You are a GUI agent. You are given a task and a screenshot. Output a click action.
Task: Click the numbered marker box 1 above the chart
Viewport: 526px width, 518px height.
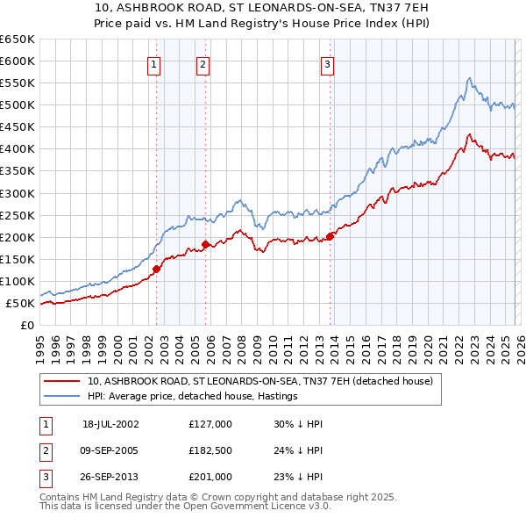tap(154, 63)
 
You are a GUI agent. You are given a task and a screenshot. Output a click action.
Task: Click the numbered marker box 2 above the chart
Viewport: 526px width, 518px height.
tap(203, 63)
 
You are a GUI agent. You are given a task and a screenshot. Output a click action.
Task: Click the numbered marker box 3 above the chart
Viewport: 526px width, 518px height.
tap(327, 63)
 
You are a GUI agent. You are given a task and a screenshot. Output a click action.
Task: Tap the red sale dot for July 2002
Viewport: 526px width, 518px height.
tap(156, 269)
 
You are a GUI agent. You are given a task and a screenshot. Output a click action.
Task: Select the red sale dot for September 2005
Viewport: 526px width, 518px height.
tap(204, 244)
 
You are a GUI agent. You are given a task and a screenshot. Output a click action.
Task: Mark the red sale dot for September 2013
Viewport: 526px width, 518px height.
tap(330, 236)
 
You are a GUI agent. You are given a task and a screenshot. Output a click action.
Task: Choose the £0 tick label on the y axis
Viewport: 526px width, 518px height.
tap(28, 326)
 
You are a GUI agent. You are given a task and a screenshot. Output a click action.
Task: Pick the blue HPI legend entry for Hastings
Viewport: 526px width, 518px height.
tap(193, 396)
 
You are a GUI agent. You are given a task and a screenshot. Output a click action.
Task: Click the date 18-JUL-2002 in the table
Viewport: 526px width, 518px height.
tap(110, 424)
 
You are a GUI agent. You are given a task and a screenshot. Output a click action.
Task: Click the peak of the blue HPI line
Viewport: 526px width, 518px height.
tap(470, 78)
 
